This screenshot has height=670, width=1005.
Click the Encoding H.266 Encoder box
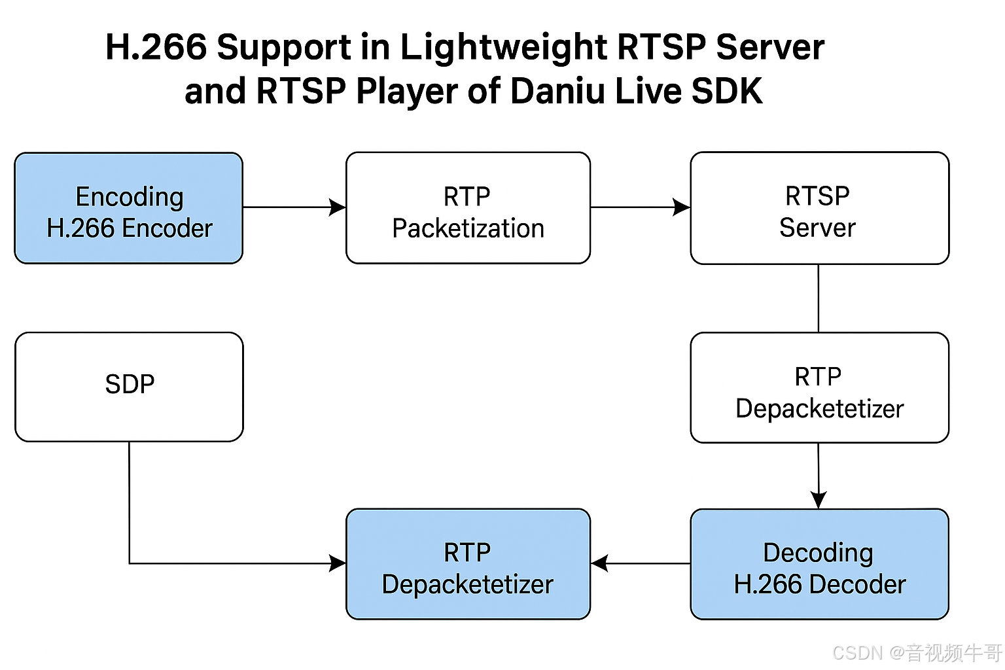coord(129,208)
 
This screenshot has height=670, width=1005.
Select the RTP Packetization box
coord(468,208)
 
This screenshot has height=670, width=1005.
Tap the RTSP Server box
coord(820,208)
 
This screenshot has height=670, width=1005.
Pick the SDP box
coord(129,387)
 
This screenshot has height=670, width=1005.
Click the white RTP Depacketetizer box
coord(820,388)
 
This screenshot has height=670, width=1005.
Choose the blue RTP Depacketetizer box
coord(468,564)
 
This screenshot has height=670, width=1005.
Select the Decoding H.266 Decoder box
coord(820,564)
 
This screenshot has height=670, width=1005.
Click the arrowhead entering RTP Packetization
coord(338,207)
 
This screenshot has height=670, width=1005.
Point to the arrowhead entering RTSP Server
coord(682,207)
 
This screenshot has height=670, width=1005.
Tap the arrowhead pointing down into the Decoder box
coord(819,500)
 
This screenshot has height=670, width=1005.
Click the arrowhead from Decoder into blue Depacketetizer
coord(599,563)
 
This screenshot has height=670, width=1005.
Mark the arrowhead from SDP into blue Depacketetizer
coord(338,563)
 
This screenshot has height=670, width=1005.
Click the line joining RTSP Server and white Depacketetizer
coord(819,298)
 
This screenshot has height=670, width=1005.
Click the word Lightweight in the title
coord(503,48)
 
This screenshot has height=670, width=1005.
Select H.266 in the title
coord(156,46)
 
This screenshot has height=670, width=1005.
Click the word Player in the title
coord(406,92)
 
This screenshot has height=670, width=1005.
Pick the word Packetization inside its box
coord(468,228)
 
